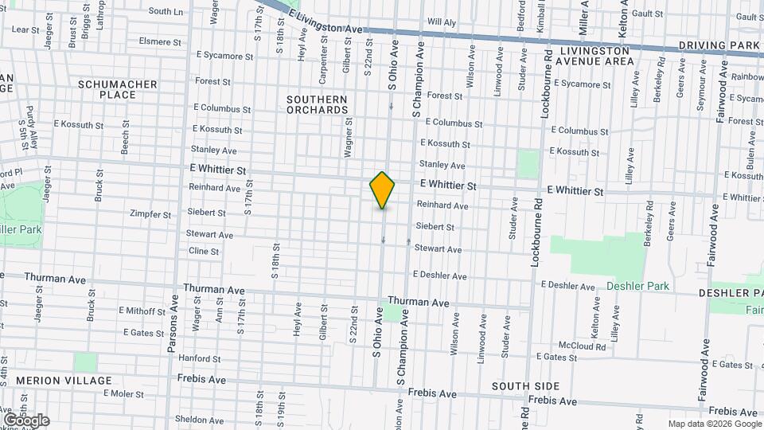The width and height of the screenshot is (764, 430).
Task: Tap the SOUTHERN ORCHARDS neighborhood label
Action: (x=317, y=104)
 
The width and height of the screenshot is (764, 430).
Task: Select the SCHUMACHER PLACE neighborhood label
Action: (x=107, y=89)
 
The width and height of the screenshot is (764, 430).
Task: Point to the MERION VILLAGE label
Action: (x=64, y=381)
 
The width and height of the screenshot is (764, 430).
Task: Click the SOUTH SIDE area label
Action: (x=525, y=386)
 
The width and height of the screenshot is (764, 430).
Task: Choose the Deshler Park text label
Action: (x=637, y=286)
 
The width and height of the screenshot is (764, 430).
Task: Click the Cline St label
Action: (x=204, y=251)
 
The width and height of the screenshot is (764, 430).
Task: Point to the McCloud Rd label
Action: (x=582, y=346)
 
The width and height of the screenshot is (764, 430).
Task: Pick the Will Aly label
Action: (x=442, y=22)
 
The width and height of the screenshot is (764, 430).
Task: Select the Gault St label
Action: (x=649, y=14)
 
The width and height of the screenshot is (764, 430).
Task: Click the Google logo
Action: (x=26, y=420)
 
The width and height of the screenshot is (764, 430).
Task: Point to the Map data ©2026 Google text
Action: (x=713, y=424)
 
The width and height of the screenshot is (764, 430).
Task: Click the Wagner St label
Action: (x=349, y=135)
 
